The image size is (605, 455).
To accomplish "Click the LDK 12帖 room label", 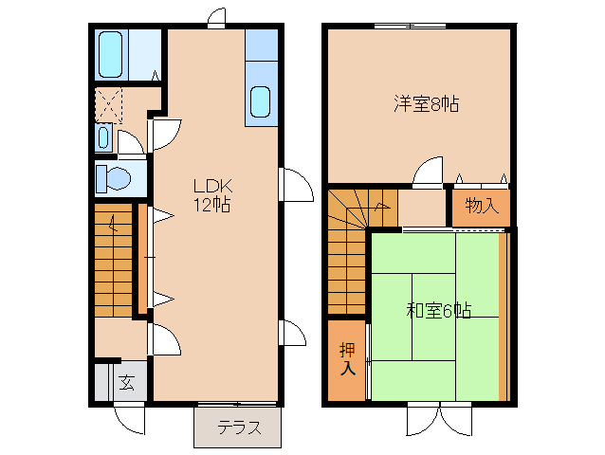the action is point(212,195).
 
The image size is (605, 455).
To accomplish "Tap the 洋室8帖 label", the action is point(427,103).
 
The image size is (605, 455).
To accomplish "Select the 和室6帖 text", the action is point(439,310).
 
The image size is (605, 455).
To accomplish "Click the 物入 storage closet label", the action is point(483,206).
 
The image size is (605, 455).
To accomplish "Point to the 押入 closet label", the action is point(347,359).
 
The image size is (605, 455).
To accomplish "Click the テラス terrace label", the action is point(239,428).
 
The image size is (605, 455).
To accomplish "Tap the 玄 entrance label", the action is point(126,382).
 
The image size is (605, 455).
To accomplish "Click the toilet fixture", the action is point(113,178).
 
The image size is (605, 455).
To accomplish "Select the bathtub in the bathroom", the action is point(111,54).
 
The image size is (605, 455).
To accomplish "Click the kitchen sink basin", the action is point(260,101).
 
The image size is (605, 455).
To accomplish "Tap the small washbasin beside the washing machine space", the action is point(103,137).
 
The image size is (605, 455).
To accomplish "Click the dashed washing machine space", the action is point(108,105).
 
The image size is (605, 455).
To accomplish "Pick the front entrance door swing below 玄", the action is point(129,418).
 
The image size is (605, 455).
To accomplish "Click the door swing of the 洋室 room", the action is point(428,173).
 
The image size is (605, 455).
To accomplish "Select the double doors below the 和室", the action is point(439,419).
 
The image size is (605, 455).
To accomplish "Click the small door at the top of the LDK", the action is point(216,18).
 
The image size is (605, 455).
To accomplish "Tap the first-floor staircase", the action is point(114,261).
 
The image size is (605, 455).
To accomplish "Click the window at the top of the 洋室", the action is point(411,27).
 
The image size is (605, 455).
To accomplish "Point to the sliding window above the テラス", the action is point(237,404).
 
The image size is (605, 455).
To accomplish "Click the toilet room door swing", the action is point(131,145).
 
